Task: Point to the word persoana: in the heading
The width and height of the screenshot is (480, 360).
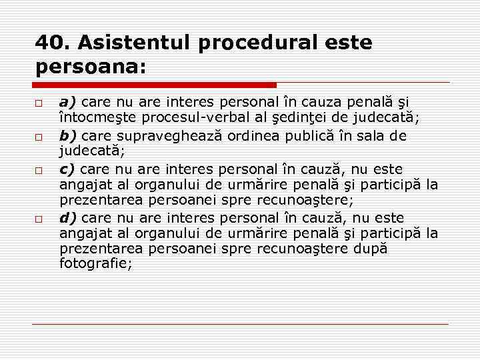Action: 91,67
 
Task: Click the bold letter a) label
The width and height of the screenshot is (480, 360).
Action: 68,103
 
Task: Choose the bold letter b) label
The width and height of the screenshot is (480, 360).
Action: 68,136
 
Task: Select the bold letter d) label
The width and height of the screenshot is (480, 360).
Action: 68,217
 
